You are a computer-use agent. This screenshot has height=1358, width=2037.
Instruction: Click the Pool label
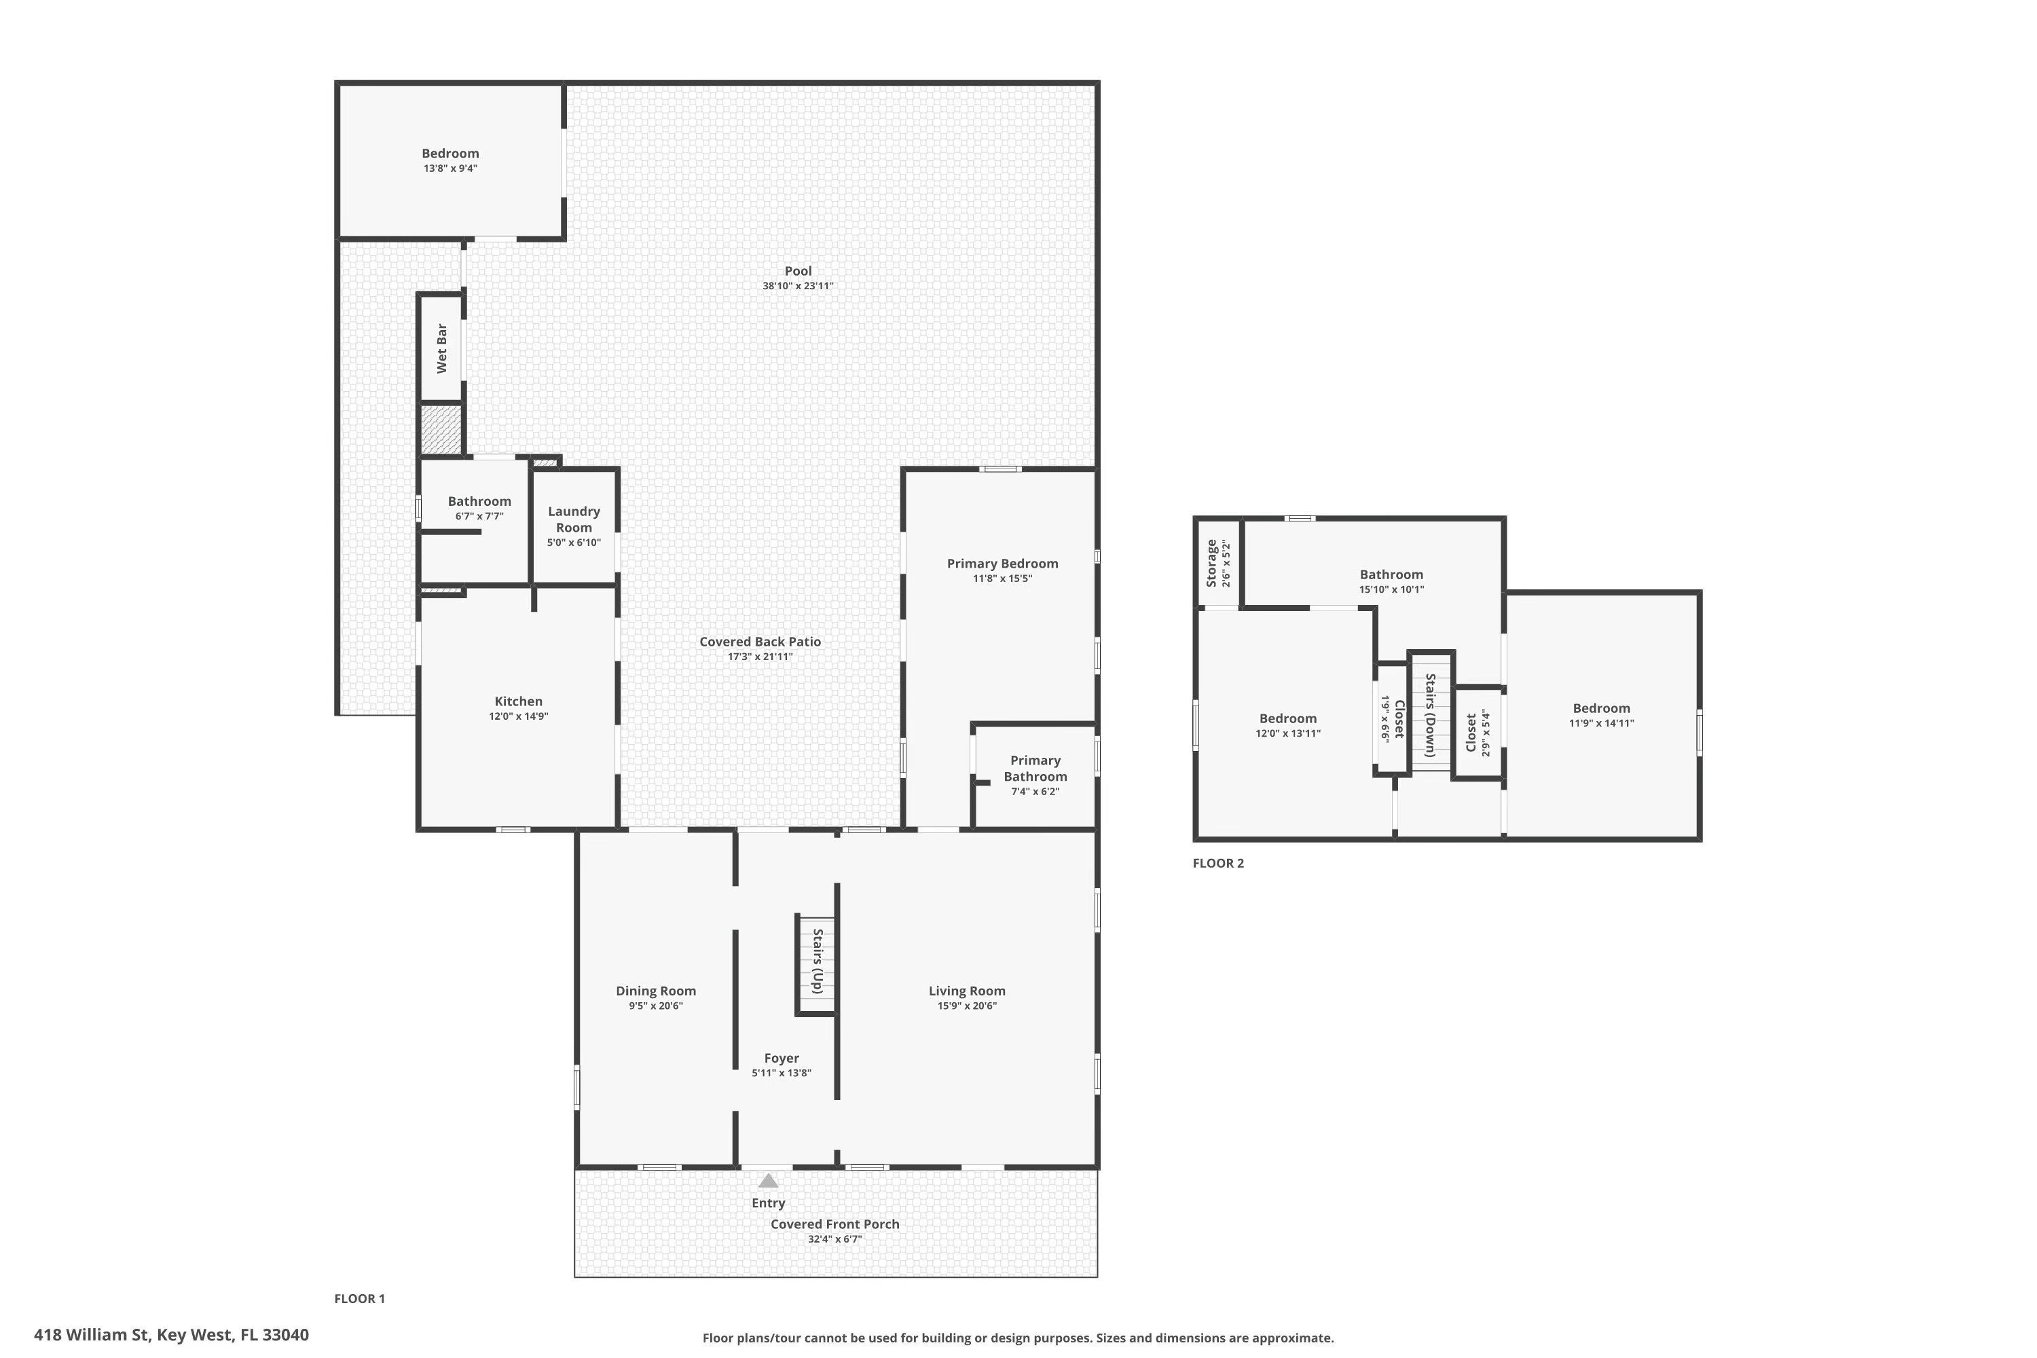click(x=798, y=271)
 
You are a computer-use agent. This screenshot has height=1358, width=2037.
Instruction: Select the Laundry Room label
click(x=573, y=519)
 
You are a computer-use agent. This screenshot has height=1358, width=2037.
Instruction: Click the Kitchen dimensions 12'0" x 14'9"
click(x=518, y=716)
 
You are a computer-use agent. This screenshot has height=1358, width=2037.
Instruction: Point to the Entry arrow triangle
click(x=768, y=1181)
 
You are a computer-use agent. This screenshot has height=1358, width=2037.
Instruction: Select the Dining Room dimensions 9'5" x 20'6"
click(x=656, y=1006)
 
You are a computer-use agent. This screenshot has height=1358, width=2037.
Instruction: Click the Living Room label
click(x=966, y=991)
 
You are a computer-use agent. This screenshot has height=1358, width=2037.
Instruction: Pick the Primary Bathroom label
click(x=1035, y=768)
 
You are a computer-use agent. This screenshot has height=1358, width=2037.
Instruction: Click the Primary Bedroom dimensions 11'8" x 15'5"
click(x=1002, y=579)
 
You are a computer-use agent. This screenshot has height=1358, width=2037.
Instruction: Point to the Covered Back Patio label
click(x=760, y=642)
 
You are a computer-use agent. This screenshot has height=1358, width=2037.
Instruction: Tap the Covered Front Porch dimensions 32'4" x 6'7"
click(x=834, y=1239)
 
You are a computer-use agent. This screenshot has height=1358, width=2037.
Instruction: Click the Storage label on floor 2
click(x=1211, y=563)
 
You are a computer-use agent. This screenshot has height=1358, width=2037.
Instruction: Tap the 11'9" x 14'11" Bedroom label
click(x=1600, y=708)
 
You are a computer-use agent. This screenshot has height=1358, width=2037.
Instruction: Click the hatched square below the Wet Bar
click(x=441, y=430)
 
